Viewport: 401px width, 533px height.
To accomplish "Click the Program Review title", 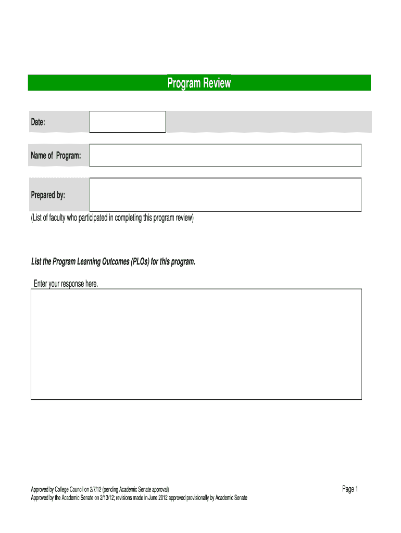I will click(x=199, y=83).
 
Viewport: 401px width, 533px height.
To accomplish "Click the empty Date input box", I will click(x=128, y=122).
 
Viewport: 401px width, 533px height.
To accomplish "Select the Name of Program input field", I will click(x=225, y=155).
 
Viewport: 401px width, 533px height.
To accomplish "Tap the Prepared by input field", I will click(x=225, y=195).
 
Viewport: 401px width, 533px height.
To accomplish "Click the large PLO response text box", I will click(x=196, y=345).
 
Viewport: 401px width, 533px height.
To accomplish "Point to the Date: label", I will click(x=38, y=122).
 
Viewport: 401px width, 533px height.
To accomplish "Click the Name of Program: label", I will click(x=56, y=156).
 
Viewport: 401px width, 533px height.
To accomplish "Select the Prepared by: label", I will click(x=48, y=195).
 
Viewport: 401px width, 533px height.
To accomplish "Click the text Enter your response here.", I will click(x=66, y=284).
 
